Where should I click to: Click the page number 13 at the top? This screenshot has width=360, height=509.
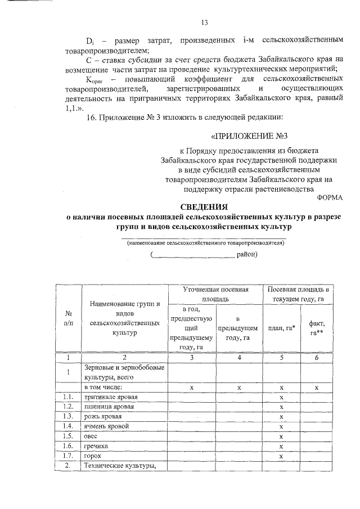(x=204, y=22)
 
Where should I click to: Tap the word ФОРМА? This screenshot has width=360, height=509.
(x=329, y=197)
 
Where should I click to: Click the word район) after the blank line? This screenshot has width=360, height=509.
(x=246, y=254)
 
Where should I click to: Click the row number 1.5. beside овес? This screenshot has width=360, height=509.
(x=69, y=436)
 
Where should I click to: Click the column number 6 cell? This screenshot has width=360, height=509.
(x=317, y=358)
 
